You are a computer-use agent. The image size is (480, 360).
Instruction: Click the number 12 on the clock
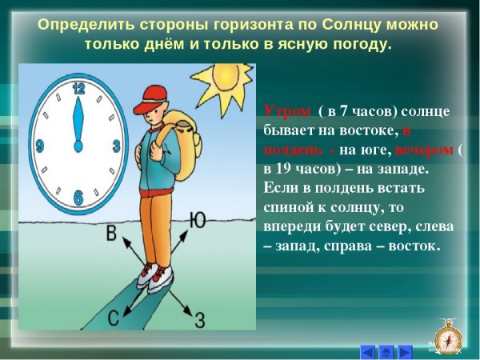tap(78, 89)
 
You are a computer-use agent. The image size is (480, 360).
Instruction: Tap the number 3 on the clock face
tap(116, 146)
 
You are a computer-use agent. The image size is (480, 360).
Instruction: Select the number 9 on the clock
tap(39, 146)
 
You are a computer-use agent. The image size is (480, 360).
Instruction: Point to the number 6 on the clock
tap(78, 197)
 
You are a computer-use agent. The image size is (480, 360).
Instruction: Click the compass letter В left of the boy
tap(112, 234)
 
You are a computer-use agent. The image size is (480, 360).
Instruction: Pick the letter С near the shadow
tap(114, 318)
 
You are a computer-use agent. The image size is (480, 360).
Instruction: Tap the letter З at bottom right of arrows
tap(200, 320)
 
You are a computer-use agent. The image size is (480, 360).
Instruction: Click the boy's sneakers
tap(154, 277)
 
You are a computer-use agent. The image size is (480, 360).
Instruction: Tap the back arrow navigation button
tap(366, 350)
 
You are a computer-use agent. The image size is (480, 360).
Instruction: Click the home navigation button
tap(386, 350)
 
